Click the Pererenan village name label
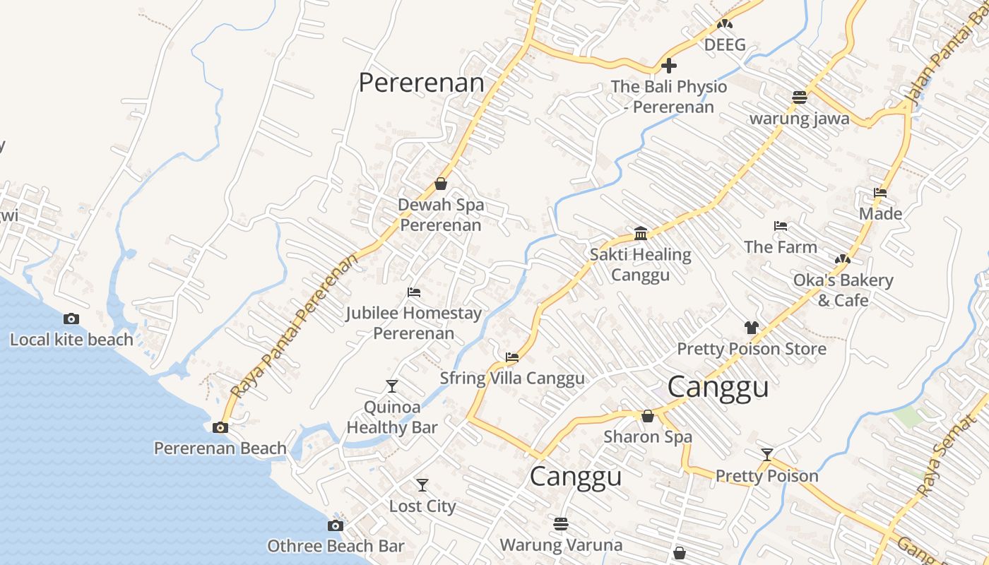[x=421, y=83]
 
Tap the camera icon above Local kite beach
[x=71, y=319]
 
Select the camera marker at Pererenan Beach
[x=220, y=427]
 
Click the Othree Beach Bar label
[x=336, y=546]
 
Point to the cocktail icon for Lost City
[x=422, y=485]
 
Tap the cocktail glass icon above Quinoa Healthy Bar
[x=392, y=386]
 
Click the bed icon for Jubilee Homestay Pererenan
[x=414, y=292]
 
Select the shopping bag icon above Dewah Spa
[x=442, y=184]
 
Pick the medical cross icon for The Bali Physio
[x=669, y=66]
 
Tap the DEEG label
[x=725, y=45]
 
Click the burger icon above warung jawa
[x=800, y=97]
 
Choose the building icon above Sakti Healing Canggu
[x=641, y=233]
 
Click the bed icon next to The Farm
[x=781, y=226]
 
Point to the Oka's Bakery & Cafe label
[x=843, y=290]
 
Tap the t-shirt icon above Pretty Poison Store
[x=752, y=328]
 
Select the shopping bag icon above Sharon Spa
[x=648, y=416]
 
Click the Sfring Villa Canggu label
[x=512, y=379]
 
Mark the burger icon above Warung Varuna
[x=562, y=524]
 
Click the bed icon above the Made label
[x=880, y=192]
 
